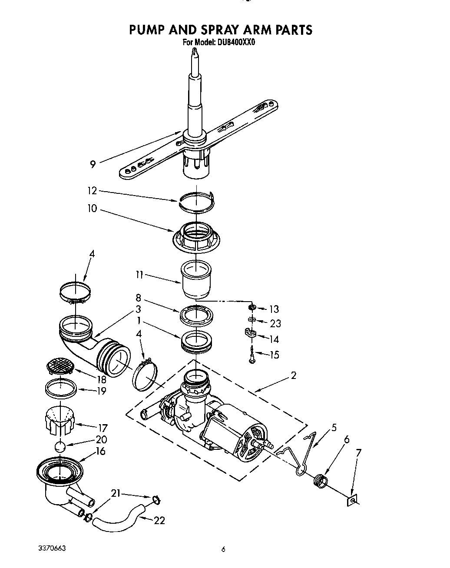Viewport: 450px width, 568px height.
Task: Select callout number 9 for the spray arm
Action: pos(93,164)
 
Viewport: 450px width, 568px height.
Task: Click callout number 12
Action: pos(92,191)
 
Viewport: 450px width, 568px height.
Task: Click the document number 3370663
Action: pos(51,548)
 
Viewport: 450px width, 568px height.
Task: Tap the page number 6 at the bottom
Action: pos(223,549)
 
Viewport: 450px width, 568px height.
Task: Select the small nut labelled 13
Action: pos(251,308)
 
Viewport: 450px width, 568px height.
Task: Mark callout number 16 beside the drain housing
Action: pos(100,451)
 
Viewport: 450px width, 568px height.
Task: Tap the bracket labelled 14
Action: pos(252,335)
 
